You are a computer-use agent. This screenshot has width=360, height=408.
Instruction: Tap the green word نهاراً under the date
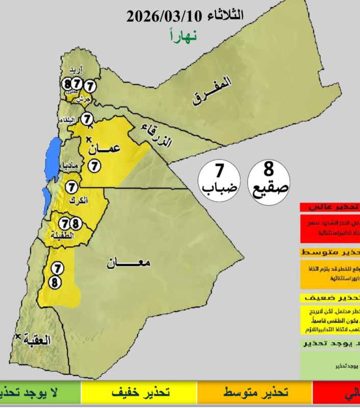(x=183, y=36)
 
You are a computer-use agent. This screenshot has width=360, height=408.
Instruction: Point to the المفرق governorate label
(x=212, y=91)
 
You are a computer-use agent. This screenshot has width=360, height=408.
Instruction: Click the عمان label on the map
(x=106, y=148)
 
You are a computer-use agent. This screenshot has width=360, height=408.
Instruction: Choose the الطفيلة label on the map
(x=63, y=236)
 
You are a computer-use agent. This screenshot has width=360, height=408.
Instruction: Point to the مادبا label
(x=67, y=166)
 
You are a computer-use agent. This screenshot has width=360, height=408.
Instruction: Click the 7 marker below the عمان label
(x=94, y=165)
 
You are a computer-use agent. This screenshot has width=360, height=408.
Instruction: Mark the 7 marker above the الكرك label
(x=73, y=187)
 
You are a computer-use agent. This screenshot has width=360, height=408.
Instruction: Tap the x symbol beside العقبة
(x=19, y=336)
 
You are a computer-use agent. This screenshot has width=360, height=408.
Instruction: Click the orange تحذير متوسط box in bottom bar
(x=255, y=393)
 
